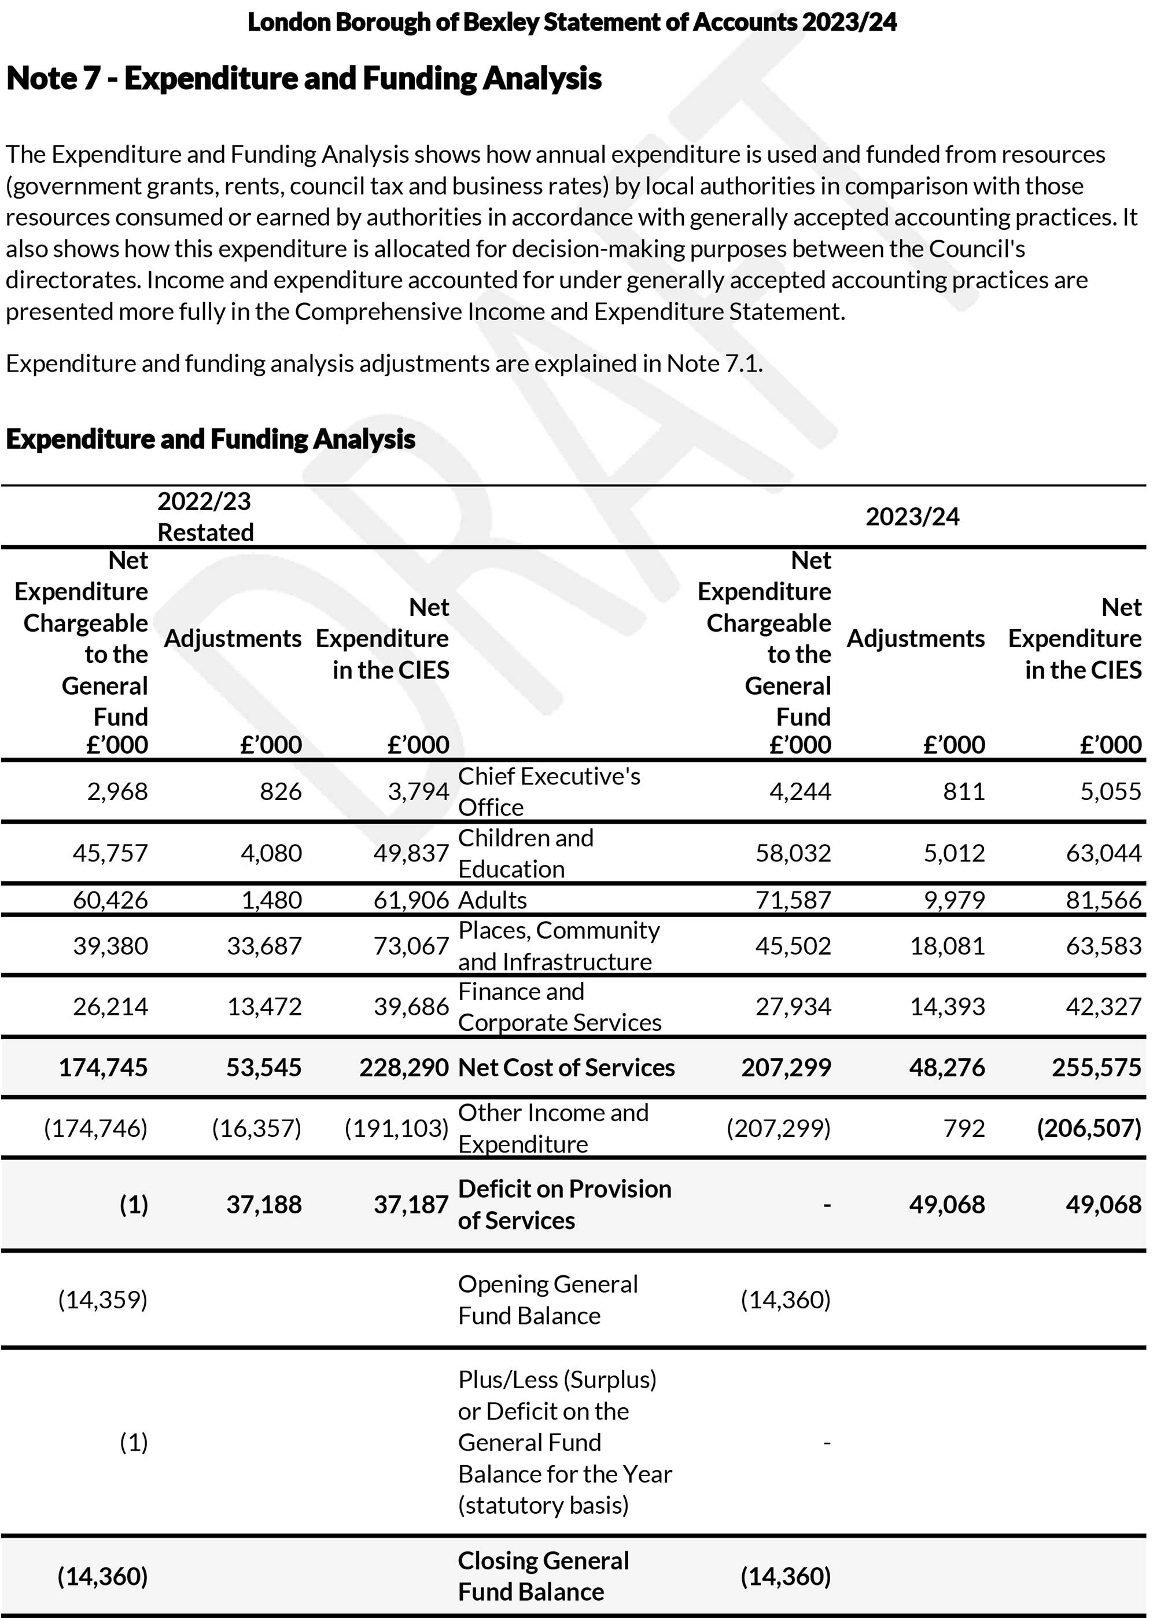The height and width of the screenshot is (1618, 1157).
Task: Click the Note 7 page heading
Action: click(304, 78)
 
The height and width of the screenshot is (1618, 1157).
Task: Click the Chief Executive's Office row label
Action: click(548, 792)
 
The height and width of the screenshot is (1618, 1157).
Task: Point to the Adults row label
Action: click(492, 900)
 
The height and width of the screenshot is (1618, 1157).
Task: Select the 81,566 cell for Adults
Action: click(1103, 900)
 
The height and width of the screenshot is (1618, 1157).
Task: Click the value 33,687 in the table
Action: click(264, 946)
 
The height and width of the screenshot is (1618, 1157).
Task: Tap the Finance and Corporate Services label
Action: click(559, 1007)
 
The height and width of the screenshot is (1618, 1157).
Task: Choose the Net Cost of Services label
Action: click(566, 1067)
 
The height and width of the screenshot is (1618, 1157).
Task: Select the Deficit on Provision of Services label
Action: click(564, 1205)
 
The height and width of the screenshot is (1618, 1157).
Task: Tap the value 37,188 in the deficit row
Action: click(264, 1205)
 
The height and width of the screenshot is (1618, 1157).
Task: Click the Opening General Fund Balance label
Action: click(547, 1300)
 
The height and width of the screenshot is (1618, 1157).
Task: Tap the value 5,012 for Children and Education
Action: click(954, 853)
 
